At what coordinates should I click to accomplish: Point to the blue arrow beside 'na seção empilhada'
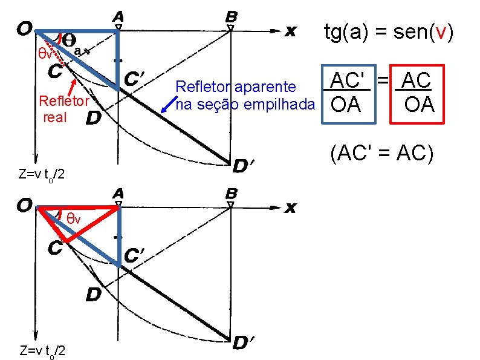[x=169, y=103]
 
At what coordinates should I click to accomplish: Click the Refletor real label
[x=63, y=108]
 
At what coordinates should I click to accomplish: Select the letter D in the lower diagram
[x=92, y=294]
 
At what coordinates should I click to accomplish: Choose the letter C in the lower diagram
[x=55, y=248]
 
